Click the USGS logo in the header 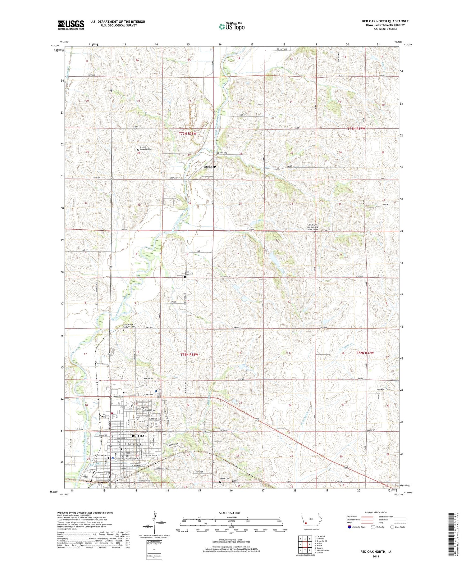tap(71, 25)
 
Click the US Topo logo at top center tap(232, 26)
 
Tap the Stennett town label tap(210, 167)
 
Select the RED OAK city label tap(139, 436)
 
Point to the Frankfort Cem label tap(383, 389)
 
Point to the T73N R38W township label tap(188, 134)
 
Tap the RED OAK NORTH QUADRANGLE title tap(385, 21)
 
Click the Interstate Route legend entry tap(358, 527)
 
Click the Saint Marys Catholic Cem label tap(128, 326)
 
